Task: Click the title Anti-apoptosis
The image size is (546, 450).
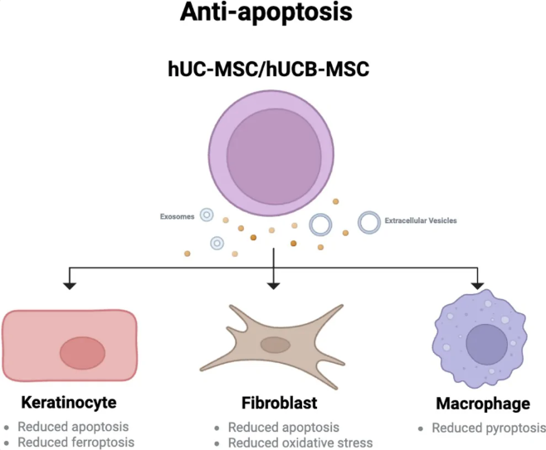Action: [266, 12]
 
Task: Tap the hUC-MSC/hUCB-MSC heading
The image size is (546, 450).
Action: [268, 69]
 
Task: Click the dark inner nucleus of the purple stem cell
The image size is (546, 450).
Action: [274, 156]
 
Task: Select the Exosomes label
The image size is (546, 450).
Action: [177, 216]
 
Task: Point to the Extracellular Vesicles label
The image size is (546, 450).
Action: [421, 220]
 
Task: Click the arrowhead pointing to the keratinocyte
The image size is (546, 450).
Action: [70, 286]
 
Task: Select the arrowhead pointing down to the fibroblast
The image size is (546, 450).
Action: [274, 286]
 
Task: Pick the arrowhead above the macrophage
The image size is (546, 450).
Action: [477, 286]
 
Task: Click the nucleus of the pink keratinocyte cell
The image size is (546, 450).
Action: [82, 353]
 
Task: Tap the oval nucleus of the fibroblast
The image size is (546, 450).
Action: [275, 345]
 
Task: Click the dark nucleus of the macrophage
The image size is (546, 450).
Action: [487, 344]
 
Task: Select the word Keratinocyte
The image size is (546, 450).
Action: [69, 403]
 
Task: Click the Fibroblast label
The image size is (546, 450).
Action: [280, 403]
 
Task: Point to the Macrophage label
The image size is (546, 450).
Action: [483, 404]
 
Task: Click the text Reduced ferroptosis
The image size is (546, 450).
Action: [76, 443]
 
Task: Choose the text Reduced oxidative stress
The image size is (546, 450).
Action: [300, 443]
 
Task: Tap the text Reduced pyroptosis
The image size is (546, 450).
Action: [489, 428]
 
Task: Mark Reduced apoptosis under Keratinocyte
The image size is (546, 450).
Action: [73, 427]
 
